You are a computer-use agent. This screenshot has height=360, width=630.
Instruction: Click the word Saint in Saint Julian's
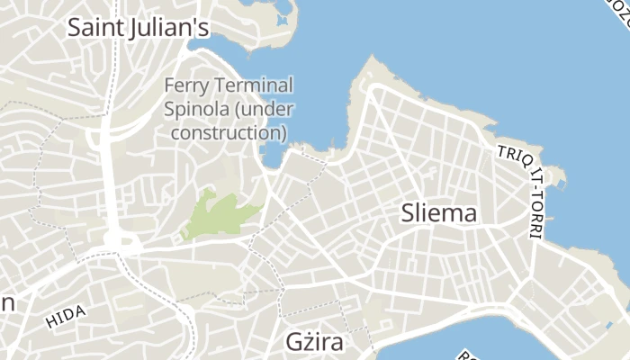coord(96,27)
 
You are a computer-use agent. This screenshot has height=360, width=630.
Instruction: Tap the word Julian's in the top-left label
coord(168,27)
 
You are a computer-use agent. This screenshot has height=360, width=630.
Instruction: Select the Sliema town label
coord(438,213)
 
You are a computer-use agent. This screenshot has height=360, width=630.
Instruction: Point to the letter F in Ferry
coord(169,86)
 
